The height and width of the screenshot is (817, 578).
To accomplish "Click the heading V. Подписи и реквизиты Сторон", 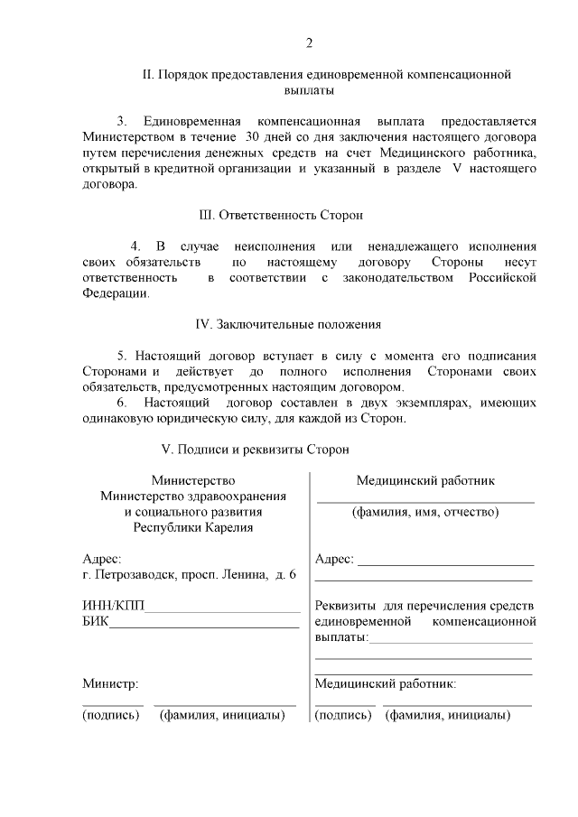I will point(254,449).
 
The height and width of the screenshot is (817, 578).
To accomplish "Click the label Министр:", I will point(109,684).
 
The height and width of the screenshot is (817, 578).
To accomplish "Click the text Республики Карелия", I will point(193,528).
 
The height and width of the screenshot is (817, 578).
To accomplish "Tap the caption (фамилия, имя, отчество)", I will point(424,513).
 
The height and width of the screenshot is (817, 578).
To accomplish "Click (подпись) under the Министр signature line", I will point(111,716).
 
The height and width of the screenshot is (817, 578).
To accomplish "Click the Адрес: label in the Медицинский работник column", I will point(333,561).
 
